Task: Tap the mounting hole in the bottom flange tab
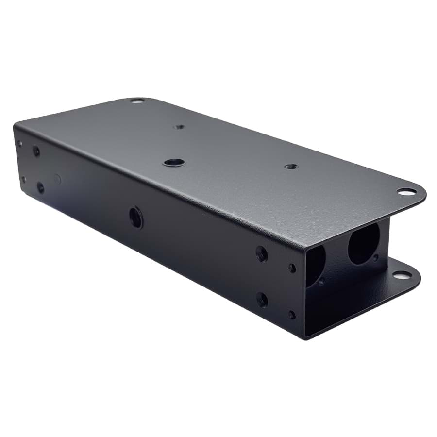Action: [399, 275]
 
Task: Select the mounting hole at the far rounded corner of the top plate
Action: [137, 101]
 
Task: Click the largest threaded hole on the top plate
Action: [173, 162]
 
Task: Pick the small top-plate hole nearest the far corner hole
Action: [179, 127]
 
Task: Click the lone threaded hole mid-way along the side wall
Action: [136, 217]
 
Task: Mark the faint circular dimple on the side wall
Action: [58, 179]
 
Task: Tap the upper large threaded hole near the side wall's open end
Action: [262, 253]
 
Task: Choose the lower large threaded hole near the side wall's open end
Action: [262, 300]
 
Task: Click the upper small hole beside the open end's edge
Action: [292, 268]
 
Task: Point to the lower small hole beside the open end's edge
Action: [292, 315]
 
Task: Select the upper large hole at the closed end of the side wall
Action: [36, 151]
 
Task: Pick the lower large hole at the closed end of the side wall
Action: [40, 188]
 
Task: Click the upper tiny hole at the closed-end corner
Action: [19, 144]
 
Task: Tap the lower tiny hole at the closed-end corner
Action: [23, 180]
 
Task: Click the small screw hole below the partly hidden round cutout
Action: [321, 281]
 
